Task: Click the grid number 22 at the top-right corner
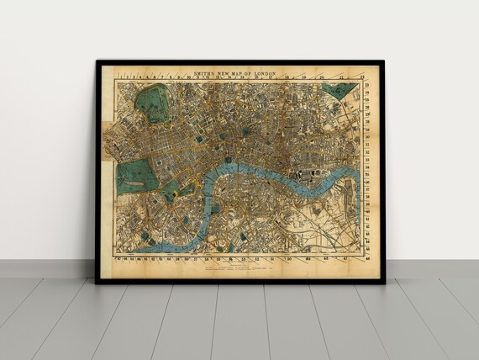362,77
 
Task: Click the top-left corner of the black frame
97,61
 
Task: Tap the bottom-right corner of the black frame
382,282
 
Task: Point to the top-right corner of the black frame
382,61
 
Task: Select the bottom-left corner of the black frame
97,282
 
